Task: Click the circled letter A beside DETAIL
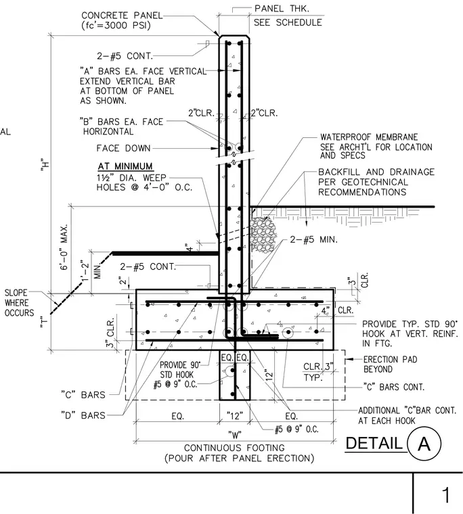[424, 444]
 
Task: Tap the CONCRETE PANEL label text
[122, 16]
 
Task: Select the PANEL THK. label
[282, 9]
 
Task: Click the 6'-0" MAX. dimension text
[64, 247]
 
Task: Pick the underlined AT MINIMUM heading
[125, 166]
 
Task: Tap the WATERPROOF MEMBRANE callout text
[369, 137]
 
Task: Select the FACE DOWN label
[123, 148]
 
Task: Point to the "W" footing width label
[235, 435]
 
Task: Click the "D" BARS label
[83, 415]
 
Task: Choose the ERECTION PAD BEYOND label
[390, 364]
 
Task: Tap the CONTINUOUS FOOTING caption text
[234, 448]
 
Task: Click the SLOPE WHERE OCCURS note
[19, 302]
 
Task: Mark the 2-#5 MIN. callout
[313, 239]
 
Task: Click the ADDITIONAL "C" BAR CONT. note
[407, 415]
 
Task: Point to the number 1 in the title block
[445, 495]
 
